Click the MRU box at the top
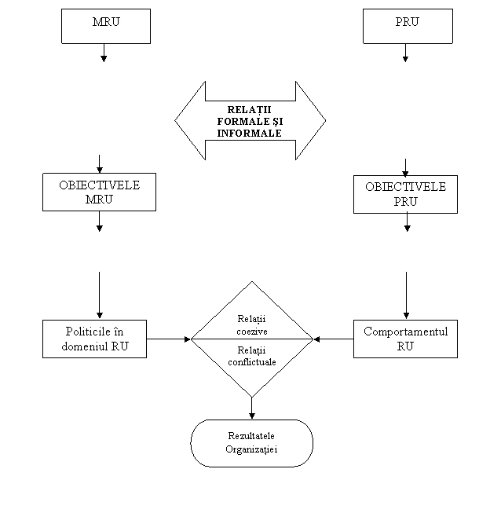(x=106, y=26)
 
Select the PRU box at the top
(x=408, y=26)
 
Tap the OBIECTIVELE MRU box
(x=99, y=192)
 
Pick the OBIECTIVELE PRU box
(x=405, y=194)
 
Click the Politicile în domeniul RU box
(x=94, y=339)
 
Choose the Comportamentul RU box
(x=405, y=339)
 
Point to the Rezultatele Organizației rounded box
(x=252, y=443)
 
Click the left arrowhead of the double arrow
(x=189, y=121)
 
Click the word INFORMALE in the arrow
(x=250, y=133)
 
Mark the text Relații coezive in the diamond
(x=252, y=324)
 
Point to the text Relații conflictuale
(x=252, y=356)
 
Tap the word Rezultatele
(x=252, y=436)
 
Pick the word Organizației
(x=252, y=450)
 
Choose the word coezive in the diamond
(x=252, y=331)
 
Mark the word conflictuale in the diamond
(x=252, y=362)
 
